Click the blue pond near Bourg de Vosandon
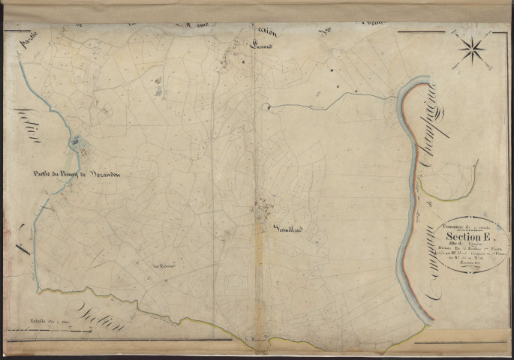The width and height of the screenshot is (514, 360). pyautogui.click(x=77, y=140)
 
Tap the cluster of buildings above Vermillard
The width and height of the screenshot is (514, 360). pyautogui.click(x=263, y=205)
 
